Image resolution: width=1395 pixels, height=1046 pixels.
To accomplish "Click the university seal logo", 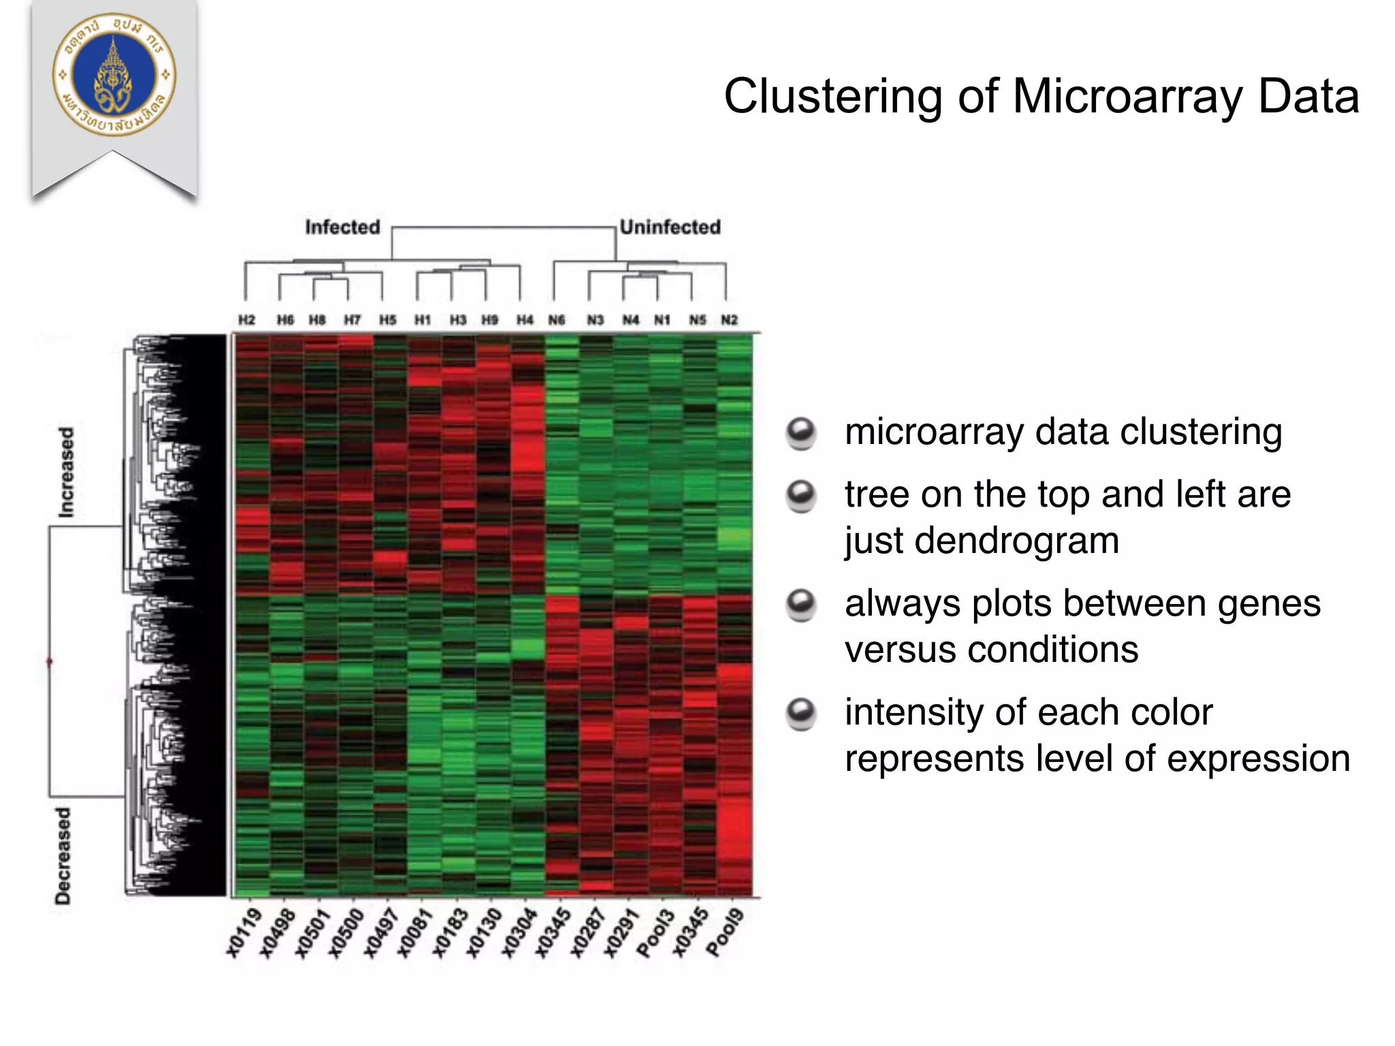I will pyautogui.click(x=114, y=75).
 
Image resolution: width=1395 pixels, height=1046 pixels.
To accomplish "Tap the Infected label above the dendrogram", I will pyautogui.click(x=342, y=227).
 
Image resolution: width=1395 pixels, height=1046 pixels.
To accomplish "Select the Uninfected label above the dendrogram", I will pyautogui.click(x=670, y=227).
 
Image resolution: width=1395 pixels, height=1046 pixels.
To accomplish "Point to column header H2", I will pyautogui.click(x=246, y=319).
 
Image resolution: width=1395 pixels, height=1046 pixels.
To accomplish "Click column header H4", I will pyautogui.click(x=524, y=319).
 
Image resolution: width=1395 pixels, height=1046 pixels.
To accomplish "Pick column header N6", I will pyautogui.click(x=557, y=319).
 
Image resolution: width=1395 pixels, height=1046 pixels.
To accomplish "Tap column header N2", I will pyautogui.click(x=730, y=319).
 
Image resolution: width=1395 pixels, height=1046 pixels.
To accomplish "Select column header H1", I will pyautogui.click(x=422, y=319).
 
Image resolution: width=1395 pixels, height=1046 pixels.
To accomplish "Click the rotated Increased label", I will pyautogui.click(x=65, y=472).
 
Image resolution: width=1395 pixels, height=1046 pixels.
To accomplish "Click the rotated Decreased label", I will pyautogui.click(x=63, y=855).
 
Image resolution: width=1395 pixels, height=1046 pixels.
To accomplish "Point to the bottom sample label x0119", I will pyautogui.click(x=244, y=933).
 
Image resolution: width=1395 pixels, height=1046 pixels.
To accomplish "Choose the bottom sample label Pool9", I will pyautogui.click(x=724, y=933).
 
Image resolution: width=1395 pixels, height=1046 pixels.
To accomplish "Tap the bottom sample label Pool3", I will pyautogui.click(x=656, y=933).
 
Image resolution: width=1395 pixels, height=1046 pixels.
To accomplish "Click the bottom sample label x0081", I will pyautogui.click(x=415, y=933).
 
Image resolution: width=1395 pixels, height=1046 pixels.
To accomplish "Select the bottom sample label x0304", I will pyautogui.click(x=519, y=933).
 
